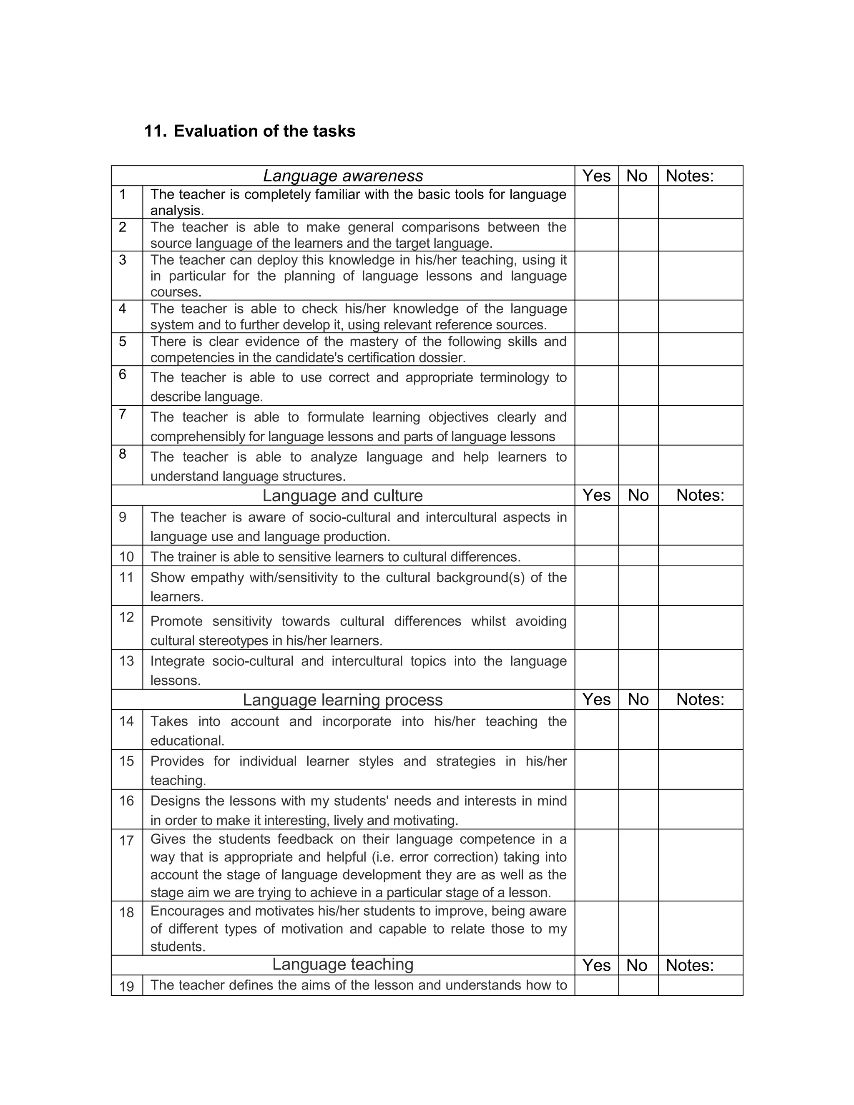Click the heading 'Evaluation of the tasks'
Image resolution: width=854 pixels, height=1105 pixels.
[x=264, y=131]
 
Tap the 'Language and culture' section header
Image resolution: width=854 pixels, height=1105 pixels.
[x=342, y=495]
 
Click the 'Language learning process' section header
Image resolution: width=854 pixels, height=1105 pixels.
[x=342, y=700]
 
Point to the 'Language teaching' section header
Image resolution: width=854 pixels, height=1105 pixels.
[x=342, y=964]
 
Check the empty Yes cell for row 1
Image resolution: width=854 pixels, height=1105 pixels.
[x=596, y=202]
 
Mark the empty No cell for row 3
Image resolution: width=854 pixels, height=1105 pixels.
[x=638, y=276]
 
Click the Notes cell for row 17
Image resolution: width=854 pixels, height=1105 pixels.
[x=700, y=865]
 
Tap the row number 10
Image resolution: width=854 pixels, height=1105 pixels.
[x=126, y=557]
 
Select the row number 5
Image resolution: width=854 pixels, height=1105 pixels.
[x=123, y=342]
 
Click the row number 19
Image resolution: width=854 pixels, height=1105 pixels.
[x=126, y=987]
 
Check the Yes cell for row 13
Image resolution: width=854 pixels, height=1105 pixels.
[x=596, y=669]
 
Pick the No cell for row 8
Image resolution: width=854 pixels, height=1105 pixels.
[x=638, y=465]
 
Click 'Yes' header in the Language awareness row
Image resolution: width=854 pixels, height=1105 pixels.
[x=596, y=176]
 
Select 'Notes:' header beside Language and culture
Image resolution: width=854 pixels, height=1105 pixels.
[x=700, y=495]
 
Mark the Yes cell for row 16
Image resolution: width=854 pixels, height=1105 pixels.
[x=596, y=809]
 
